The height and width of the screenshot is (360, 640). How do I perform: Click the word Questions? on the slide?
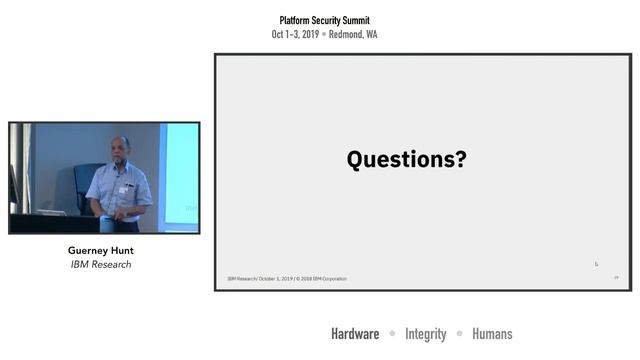406,159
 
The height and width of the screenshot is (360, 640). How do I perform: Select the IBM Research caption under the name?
100,265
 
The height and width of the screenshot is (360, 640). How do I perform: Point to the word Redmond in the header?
344,34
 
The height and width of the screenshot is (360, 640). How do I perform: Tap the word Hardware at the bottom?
355,334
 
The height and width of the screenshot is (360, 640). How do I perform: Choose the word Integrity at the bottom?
426,334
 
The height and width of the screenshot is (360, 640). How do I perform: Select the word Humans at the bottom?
492,334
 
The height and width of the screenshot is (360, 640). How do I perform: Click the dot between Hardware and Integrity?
393,334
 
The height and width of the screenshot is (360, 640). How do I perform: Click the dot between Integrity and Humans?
460,334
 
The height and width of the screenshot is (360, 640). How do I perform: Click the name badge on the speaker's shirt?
124,188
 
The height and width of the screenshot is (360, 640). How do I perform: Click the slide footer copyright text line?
287,278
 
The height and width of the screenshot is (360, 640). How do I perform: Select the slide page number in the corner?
616,278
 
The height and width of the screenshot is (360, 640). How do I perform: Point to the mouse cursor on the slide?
596,264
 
